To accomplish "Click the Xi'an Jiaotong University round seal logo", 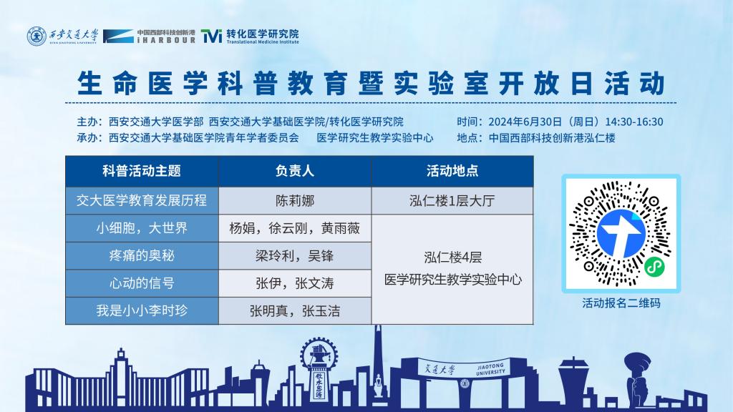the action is click(x=37, y=36).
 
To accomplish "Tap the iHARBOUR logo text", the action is click(x=166, y=36).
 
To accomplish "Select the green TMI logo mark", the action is click(x=211, y=36).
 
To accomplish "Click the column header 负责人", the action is click(x=294, y=171).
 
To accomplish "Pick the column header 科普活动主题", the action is click(x=142, y=171).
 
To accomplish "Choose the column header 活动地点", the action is click(x=452, y=171).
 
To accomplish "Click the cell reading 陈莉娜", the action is click(x=294, y=201).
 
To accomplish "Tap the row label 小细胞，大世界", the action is click(x=142, y=228).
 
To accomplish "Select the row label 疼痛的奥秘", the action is click(x=142, y=255).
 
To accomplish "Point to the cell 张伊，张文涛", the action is click(x=294, y=283).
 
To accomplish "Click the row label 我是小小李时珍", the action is click(x=142, y=310).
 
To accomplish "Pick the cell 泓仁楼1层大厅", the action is click(x=452, y=201).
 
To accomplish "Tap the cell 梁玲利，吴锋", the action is click(x=294, y=255).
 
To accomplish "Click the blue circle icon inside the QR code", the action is click(x=621, y=234).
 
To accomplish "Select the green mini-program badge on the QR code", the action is click(x=654, y=267).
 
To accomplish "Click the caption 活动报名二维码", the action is click(x=621, y=303).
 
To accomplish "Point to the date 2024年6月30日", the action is click(x=525, y=122).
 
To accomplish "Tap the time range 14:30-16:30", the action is click(x=634, y=122).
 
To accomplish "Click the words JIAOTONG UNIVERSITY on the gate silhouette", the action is click(x=490, y=369).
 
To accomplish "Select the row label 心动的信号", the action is click(x=142, y=283).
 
